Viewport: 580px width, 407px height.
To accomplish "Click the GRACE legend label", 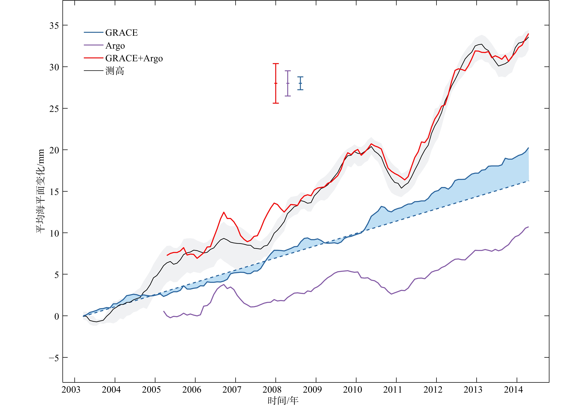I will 121,33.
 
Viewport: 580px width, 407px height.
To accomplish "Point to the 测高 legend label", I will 115,71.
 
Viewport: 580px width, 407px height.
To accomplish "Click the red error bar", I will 276,83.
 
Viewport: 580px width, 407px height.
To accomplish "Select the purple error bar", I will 288,83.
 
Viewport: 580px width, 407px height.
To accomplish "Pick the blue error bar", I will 300,83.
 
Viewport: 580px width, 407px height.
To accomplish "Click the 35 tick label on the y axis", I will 54,26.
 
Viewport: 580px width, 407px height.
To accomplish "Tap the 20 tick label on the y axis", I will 54,150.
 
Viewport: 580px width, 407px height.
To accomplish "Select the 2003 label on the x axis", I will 71,390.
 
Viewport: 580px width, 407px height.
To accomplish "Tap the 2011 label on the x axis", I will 392,390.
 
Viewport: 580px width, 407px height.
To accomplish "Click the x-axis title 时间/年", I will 283,400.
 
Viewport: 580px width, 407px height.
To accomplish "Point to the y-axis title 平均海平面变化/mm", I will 41,191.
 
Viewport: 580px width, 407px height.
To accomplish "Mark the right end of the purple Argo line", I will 528,227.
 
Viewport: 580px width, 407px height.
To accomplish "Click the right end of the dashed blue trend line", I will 528,181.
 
